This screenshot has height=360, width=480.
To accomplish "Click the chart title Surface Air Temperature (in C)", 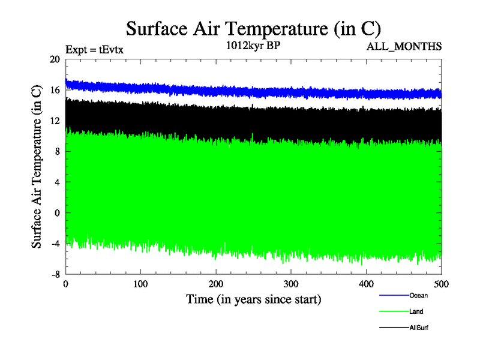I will click(253, 29).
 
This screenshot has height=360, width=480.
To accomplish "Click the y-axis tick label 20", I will click(55, 59).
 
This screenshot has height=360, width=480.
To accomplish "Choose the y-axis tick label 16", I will click(55, 90).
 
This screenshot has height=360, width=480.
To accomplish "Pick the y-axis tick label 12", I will click(55, 121).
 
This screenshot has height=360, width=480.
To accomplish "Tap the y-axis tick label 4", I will click(58, 182).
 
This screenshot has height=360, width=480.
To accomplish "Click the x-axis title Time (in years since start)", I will click(253, 299).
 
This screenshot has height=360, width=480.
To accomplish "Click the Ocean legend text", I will click(418, 295).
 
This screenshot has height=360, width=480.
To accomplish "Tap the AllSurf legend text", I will click(419, 328).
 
